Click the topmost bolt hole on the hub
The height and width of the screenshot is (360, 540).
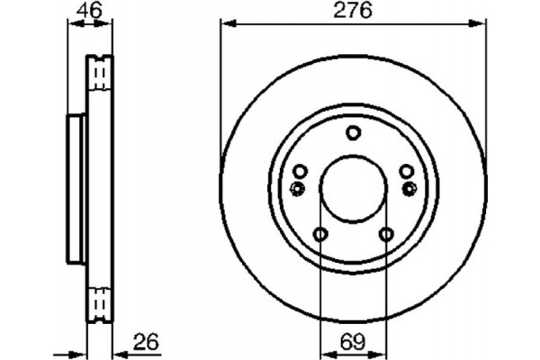(353, 133)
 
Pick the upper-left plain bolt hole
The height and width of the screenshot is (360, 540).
(301, 172)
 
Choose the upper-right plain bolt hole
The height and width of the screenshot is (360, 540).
(406, 172)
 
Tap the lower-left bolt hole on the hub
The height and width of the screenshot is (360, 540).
(320, 234)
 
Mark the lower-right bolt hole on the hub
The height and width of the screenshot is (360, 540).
(385, 234)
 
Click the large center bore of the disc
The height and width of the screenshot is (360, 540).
(353, 188)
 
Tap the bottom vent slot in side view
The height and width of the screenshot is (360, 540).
(101, 304)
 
